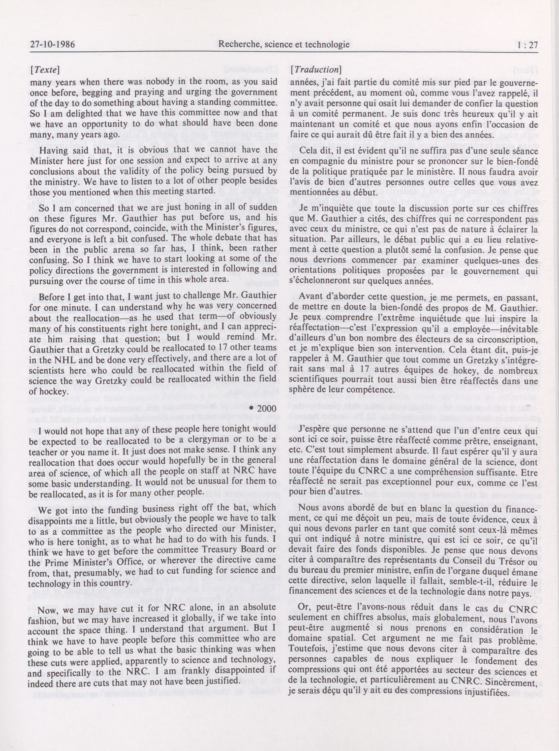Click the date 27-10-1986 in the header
pos(52,45)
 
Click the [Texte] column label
pos(45,70)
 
